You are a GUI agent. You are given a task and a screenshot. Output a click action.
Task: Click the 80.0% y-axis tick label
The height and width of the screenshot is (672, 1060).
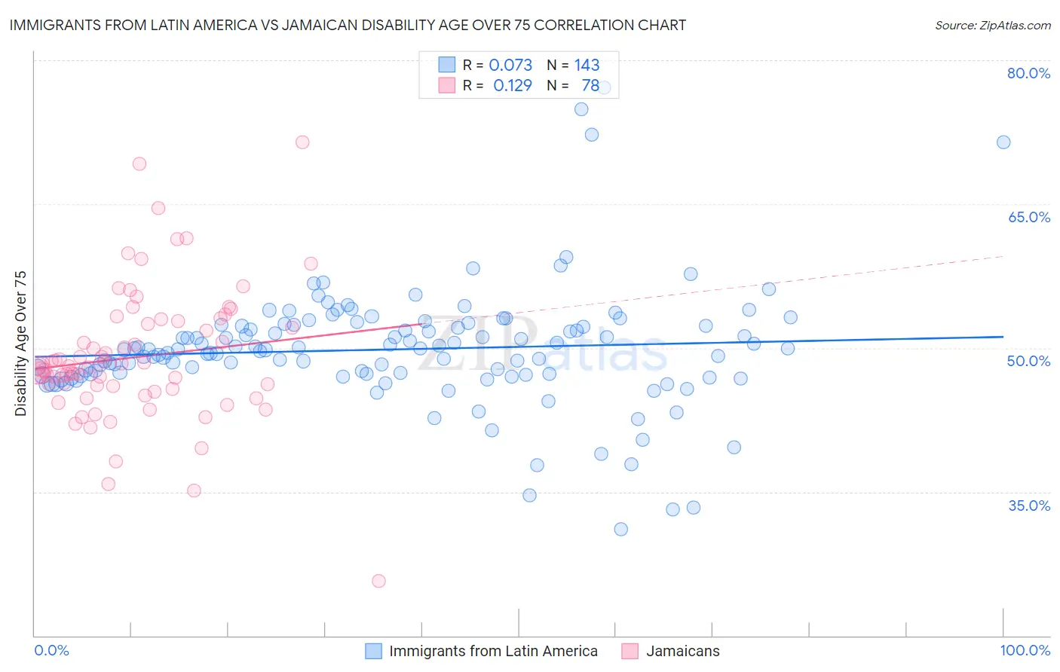pyautogui.click(x=1028, y=73)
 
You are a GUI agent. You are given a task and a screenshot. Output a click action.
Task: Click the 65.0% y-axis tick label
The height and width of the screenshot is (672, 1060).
pyautogui.click(x=1028, y=217)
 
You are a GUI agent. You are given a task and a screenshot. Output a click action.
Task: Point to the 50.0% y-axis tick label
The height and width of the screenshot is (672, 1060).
pyautogui.click(x=1028, y=361)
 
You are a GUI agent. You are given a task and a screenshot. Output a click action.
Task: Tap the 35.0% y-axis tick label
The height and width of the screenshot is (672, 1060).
pyautogui.click(x=1028, y=506)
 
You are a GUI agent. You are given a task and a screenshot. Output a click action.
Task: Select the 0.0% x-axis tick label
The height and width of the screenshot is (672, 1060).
pyautogui.click(x=51, y=650)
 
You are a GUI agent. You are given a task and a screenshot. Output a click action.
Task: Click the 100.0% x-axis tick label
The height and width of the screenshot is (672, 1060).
pyautogui.click(x=1025, y=650)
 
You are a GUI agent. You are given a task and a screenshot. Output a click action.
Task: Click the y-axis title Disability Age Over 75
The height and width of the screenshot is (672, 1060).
pyautogui.click(x=21, y=344)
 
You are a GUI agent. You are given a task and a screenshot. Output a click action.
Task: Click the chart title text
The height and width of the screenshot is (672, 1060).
pyautogui.click(x=348, y=25)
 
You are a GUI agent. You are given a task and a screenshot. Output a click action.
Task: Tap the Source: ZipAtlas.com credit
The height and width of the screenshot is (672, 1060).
pyautogui.click(x=992, y=25)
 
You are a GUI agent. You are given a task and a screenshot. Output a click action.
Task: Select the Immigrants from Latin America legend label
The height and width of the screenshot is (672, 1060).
pyautogui.click(x=493, y=651)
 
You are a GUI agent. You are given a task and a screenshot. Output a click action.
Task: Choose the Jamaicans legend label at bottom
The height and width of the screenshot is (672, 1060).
pyautogui.click(x=682, y=651)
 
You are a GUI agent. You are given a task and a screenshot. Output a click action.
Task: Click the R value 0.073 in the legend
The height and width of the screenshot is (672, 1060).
pyautogui.click(x=510, y=65)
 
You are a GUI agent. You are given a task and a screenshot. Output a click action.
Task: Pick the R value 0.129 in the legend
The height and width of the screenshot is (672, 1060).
pyautogui.click(x=513, y=85)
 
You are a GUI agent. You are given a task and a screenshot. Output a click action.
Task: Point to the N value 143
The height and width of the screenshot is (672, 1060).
pyautogui.click(x=587, y=65)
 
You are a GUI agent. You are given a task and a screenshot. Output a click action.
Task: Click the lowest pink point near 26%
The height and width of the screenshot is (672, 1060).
pyautogui.click(x=378, y=581)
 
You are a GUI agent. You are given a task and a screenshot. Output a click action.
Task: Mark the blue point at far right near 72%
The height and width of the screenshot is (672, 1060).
pyautogui.click(x=1003, y=142)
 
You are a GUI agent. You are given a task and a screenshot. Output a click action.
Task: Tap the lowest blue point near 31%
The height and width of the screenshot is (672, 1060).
pyautogui.click(x=620, y=529)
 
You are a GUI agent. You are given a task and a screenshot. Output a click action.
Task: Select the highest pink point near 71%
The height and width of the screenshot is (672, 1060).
pyautogui.click(x=302, y=142)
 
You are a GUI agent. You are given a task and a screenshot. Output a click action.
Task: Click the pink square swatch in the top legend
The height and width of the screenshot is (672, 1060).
pyautogui.click(x=446, y=85)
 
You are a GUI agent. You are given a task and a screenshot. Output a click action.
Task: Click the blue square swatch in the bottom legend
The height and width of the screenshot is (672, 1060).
pyautogui.click(x=373, y=651)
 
